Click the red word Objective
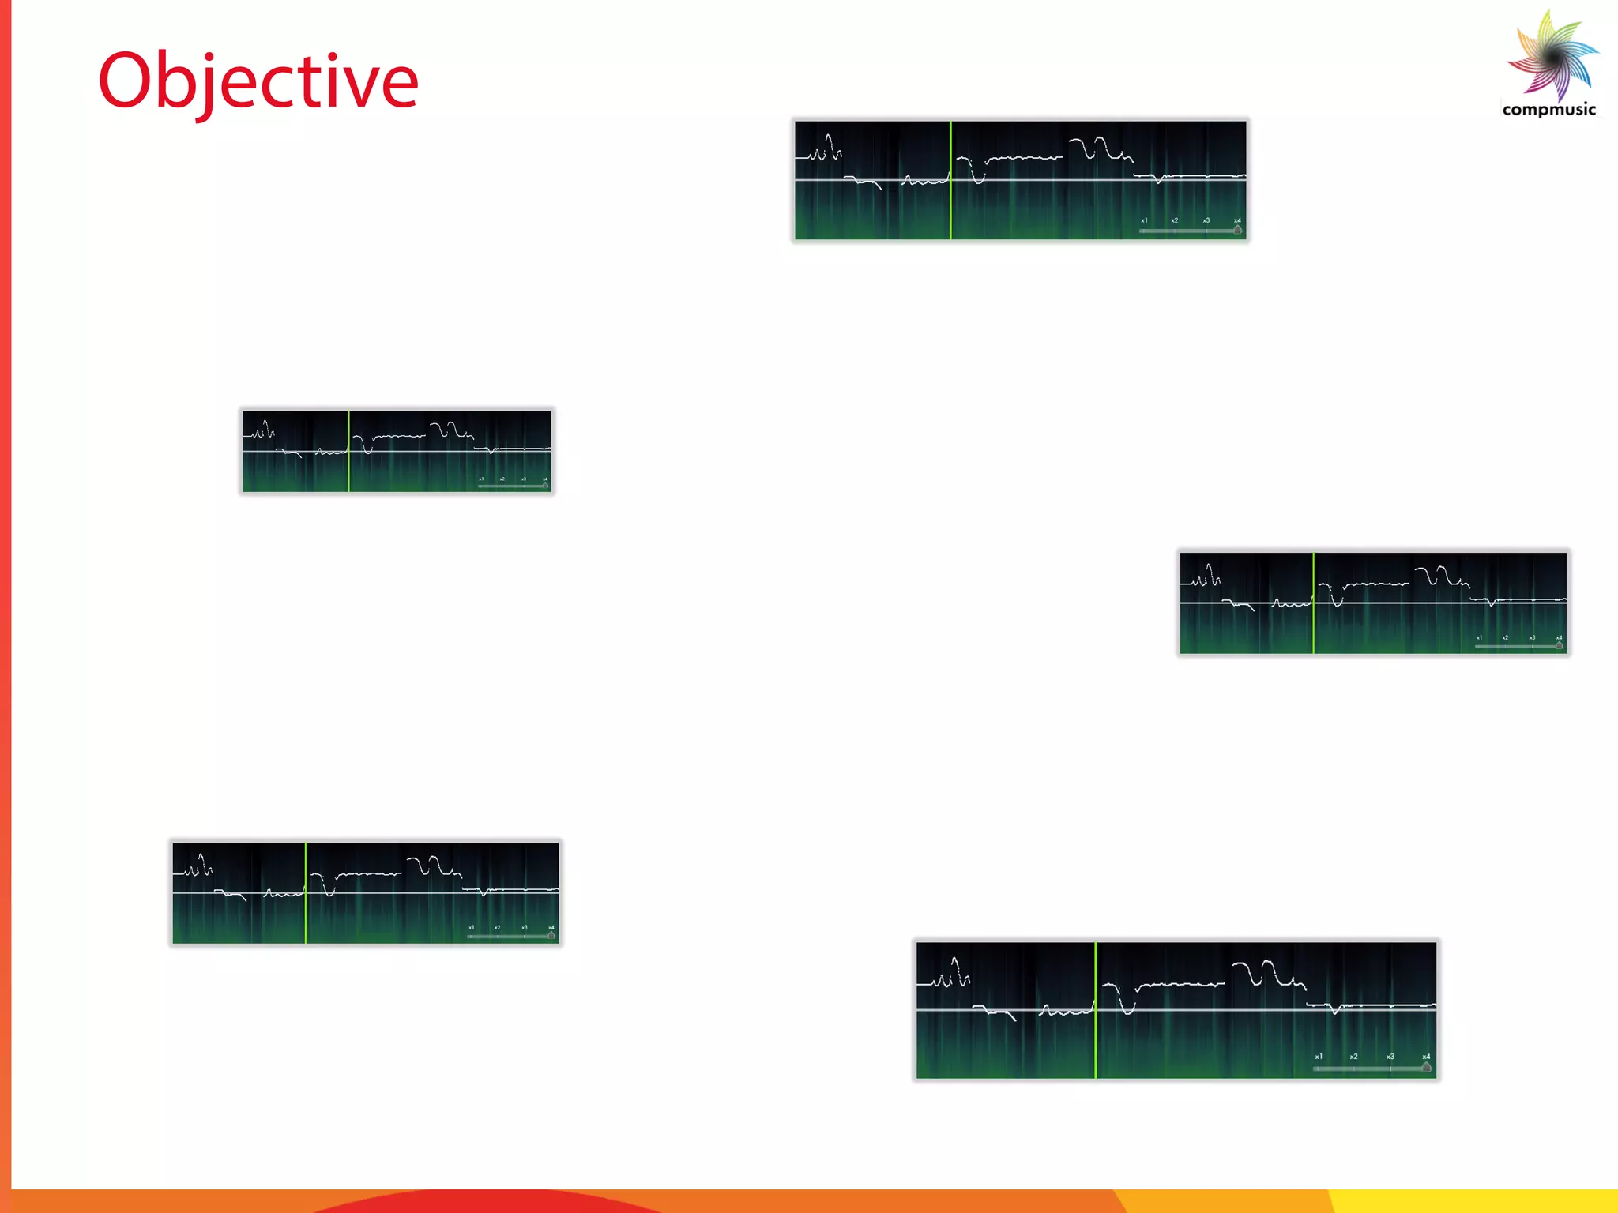[x=258, y=81]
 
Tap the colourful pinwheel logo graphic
[x=1553, y=55]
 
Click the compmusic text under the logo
[x=1548, y=110]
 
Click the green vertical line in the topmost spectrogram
[x=950, y=180]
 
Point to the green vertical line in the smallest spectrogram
[x=348, y=451]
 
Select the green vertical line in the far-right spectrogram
[x=1313, y=603]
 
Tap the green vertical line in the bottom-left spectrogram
[x=306, y=892]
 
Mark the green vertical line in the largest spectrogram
[x=1096, y=1010]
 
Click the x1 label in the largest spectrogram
[x=1319, y=1057]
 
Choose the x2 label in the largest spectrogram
[x=1354, y=1057]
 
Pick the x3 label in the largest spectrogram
[x=1390, y=1057]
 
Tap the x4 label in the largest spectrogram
[x=1426, y=1057]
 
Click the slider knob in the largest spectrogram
[x=1426, y=1068]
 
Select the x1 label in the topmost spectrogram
[x=1144, y=220]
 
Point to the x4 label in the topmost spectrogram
[x=1237, y=220]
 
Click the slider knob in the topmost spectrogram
[x=1237, y=230]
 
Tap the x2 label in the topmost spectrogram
[x=1175, y=220]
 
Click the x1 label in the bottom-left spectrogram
[x=471, y=928]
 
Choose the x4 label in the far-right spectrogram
[x=1559, y=638]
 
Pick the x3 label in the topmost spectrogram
[x=1206, y=220]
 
